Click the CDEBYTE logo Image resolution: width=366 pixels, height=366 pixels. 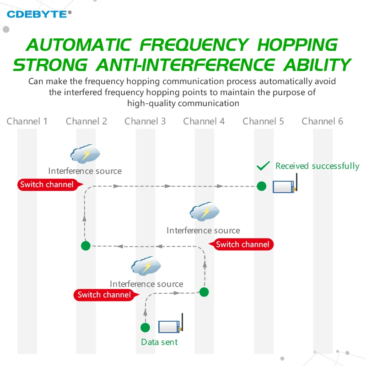[x=39, y=14]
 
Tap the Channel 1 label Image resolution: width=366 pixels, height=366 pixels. [x=27, y=121]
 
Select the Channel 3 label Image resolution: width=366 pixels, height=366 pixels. [x=145, y=121]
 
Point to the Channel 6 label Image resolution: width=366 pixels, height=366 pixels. [x=322, y=121]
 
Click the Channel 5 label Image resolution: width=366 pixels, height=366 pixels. [x=263, y=121]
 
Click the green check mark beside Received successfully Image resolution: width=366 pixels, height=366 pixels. [x=264, y=166]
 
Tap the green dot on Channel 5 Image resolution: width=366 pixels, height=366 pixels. [x=261, y=186]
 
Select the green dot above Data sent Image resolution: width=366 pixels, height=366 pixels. [x=145, y=328]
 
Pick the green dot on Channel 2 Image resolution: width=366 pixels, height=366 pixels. [x=86, y=246]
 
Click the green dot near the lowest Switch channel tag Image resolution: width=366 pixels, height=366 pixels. [x=204, y=292]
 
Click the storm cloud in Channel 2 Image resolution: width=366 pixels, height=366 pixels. [x=85, y=154]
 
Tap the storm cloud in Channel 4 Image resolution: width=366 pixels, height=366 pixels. [x=205, y=211]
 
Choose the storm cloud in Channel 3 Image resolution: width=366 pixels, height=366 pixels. [x=146, y=266]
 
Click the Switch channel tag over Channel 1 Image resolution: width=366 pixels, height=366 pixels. [x=50, y=185]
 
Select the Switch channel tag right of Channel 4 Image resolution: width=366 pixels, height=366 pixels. [x=241, y=244]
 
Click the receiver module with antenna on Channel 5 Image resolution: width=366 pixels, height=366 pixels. [x=285, y=184]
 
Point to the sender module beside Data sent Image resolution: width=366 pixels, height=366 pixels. [x=171, y=324]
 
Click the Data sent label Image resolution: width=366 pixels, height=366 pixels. [x=159, y=342]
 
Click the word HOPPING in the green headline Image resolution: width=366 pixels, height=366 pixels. [x=298, y=44]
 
